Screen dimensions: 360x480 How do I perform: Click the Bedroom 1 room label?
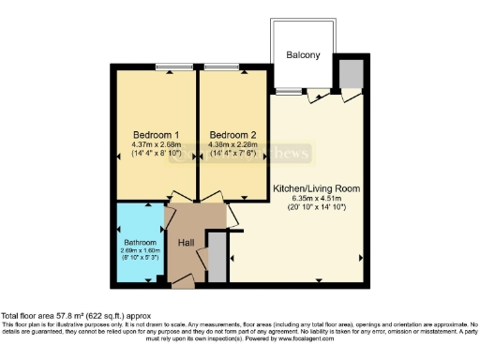156,132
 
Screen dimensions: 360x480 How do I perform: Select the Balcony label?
303,55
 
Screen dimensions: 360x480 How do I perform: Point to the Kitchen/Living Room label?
316,188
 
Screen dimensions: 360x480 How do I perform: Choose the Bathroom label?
139,242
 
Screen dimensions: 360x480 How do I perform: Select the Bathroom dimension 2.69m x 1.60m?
139,251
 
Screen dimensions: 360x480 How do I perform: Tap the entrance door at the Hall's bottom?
183,278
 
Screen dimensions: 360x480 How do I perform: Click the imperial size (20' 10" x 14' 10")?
316,207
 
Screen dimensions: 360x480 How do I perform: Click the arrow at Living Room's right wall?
362,256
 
